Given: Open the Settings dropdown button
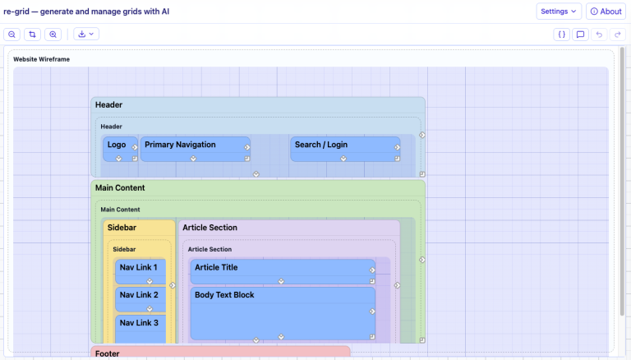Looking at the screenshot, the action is pos(559,12).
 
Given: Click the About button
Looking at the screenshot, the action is pos(606,12).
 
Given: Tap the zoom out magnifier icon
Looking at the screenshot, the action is pos(12,35).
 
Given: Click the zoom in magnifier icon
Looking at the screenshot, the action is pos(53,35).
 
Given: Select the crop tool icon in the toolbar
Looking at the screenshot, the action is pos(32,35).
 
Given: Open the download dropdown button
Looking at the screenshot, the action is pos(86,35).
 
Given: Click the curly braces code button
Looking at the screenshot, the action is pos(561,35).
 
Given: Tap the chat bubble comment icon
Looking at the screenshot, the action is pos(580,35).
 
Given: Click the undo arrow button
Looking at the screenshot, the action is pos(599,35).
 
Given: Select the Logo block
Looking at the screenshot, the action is pos(120,149).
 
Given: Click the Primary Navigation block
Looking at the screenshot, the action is pos(196,149).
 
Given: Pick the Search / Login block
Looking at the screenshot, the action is pos(345,149).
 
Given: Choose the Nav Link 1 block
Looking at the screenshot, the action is pos(140,272).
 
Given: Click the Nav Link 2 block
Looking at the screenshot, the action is pos(140,299).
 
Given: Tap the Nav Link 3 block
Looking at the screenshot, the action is pos(140,329).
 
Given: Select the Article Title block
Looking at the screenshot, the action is pos(283,272).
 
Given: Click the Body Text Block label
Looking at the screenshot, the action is pos(224,295).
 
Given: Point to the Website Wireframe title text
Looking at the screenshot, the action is pos(41,59).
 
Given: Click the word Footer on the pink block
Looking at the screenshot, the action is pos(108,353).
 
